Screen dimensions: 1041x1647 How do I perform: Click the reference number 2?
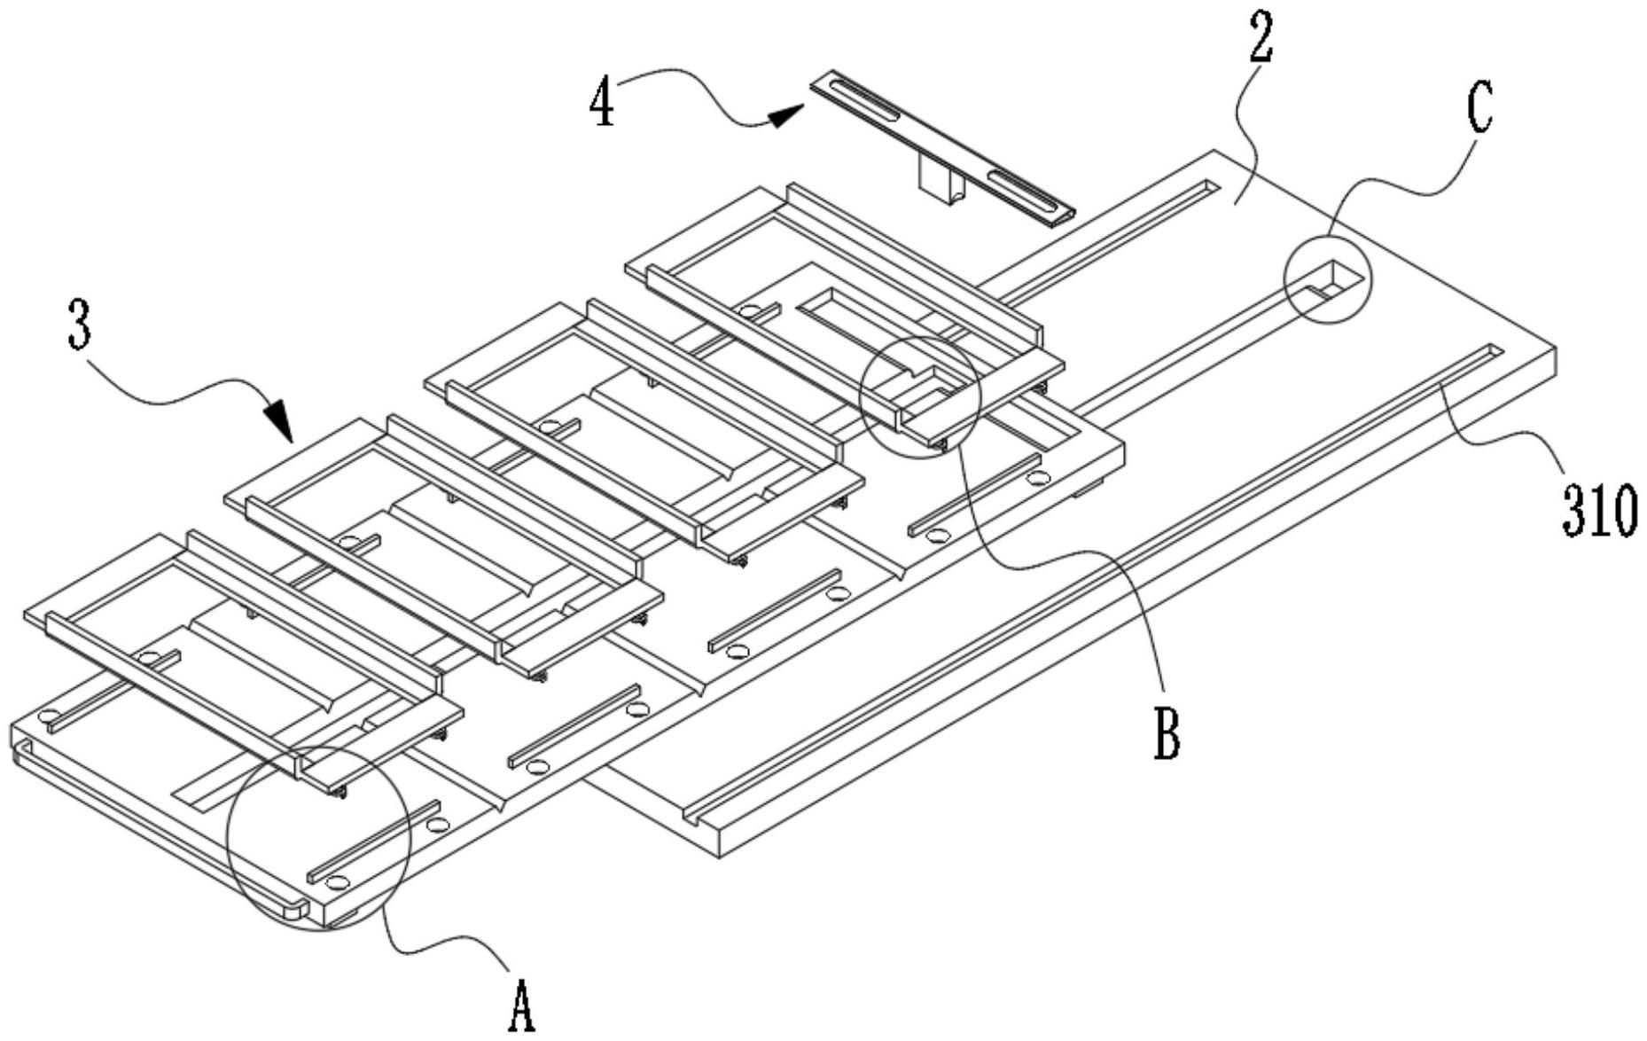(x=1261, y=40)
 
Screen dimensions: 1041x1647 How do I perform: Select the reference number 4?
(x=602, y=104)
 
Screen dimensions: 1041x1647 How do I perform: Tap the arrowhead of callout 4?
(x=784, y=115)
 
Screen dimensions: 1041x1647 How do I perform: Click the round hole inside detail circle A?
(x=337, y=882)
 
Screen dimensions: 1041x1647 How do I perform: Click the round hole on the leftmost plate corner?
(x=48, y=714)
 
